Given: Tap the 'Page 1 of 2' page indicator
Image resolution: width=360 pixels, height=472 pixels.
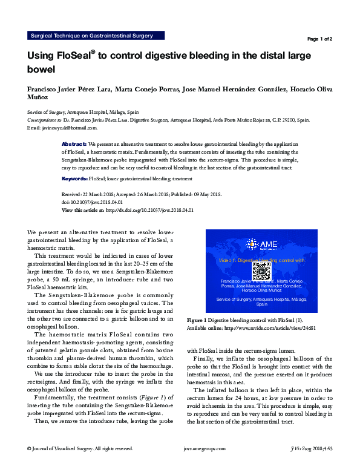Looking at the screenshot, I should click(319, 39).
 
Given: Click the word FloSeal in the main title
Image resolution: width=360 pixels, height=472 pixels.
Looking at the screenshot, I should click(73, 56).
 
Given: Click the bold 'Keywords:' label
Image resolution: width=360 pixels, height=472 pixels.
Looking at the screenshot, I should click(75, 179).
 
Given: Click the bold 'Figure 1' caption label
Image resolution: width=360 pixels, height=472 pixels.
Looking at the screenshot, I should click(197, 320).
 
